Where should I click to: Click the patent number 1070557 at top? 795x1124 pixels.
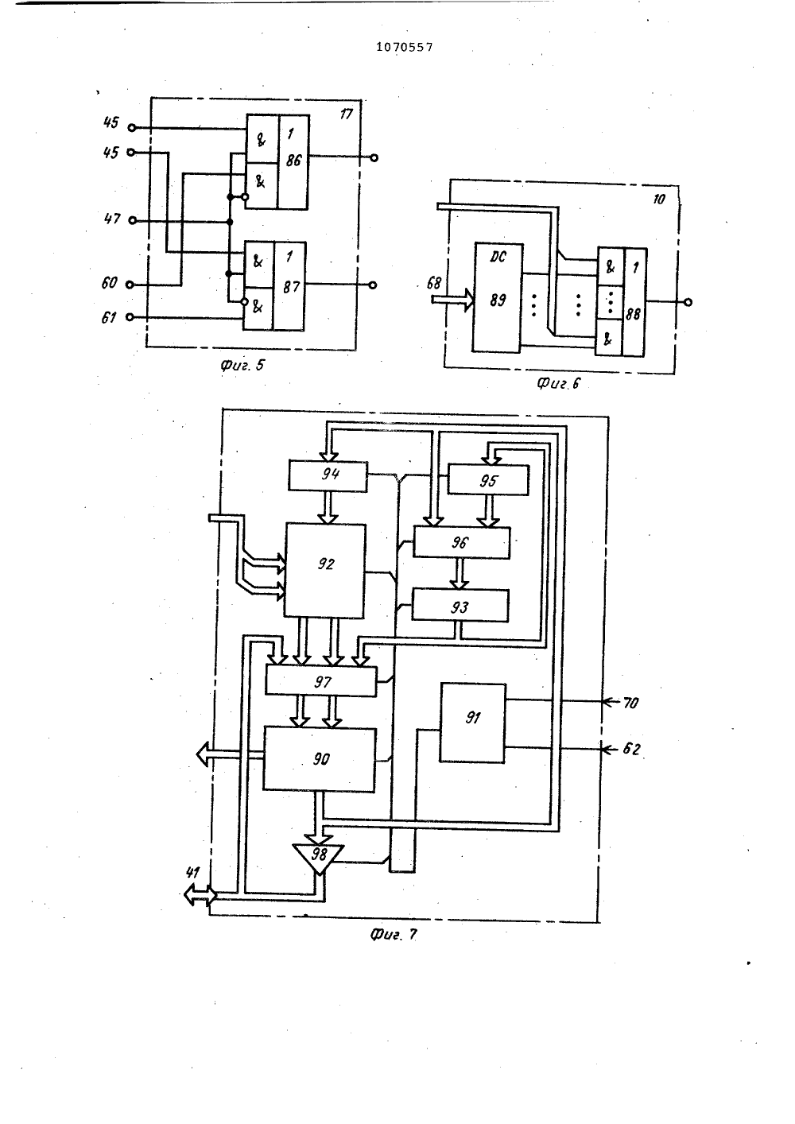[405, 47]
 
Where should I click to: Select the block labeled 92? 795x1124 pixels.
[324, 571]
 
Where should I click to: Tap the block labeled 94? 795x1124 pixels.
[328, 475]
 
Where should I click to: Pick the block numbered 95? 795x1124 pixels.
[488, 480]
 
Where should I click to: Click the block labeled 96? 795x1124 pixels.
[461, 542]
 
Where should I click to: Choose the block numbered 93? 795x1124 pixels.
[460, 606]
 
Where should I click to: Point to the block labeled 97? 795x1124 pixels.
[320, 681]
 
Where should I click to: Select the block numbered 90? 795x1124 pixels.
[320, 760]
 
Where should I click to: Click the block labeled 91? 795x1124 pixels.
[472, 723]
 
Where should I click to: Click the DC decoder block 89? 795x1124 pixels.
[498, 297]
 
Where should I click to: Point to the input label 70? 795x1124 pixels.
[631, 703]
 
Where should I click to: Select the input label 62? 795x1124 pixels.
[631, 749]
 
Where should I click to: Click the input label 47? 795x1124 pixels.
[112, 219]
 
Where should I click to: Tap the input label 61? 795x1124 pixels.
[109, 318]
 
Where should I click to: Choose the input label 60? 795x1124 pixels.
[110, 283]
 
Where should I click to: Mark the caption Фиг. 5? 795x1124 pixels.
[242, 366]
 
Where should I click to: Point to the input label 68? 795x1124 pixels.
[433, 284]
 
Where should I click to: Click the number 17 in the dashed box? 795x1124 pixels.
[347, 114]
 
